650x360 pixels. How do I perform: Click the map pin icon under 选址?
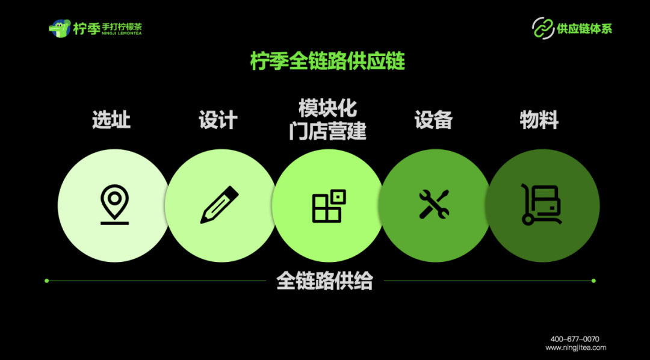coord(114,205)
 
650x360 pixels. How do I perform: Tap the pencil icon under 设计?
coord(219,205)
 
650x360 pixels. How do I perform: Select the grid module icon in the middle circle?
coord(329,206)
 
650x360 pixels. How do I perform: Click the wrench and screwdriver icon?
coord(434,205)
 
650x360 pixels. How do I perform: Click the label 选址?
coord(111,120)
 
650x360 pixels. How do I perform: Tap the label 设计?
coord(218,120)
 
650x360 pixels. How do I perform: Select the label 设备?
coord(433,120)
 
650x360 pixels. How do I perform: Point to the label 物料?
coord(539,120)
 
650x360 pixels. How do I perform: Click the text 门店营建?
coord(328,131)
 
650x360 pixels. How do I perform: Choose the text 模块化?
coord(328,108)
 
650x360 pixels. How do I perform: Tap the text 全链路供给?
coord(325,281)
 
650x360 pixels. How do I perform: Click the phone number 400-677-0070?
coord(575,339)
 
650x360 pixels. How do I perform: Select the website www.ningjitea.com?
coord(576,347)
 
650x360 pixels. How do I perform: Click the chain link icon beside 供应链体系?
coord(543,28)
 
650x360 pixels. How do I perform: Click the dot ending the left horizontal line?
coord(46,281)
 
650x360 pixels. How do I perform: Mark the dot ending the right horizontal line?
coord(593,281)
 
